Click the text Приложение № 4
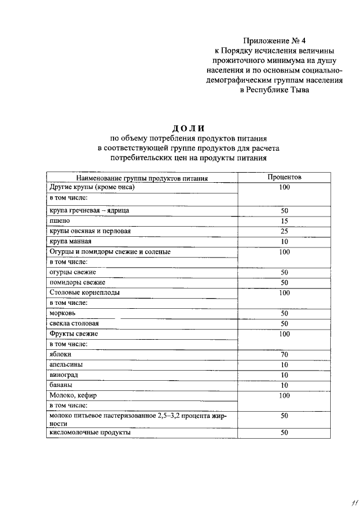tap(275, 40)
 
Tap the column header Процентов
tap(284, 177)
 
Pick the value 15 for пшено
tap(284, 221)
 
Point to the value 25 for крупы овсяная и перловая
tap(284, 231)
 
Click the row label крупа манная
tap(66, 241)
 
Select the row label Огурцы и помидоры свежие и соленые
tap(110, 252)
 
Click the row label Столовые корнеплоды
tap(84, 293)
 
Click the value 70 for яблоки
tap(284, 354)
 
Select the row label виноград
tap(64, 375)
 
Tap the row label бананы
tap(61, 385)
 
